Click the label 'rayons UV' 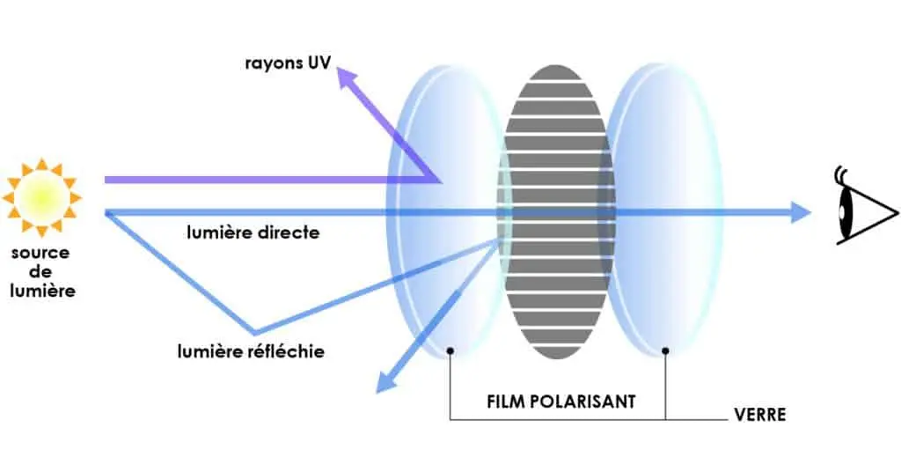pos(288,63)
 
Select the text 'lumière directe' pos(253,233)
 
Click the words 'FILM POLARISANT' pos(560,402)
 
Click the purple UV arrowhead pos(348,81)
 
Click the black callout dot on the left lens pos(450,350)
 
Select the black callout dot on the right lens pos(666,350)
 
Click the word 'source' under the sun pos(41,253)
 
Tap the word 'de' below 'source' pos(41,271)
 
